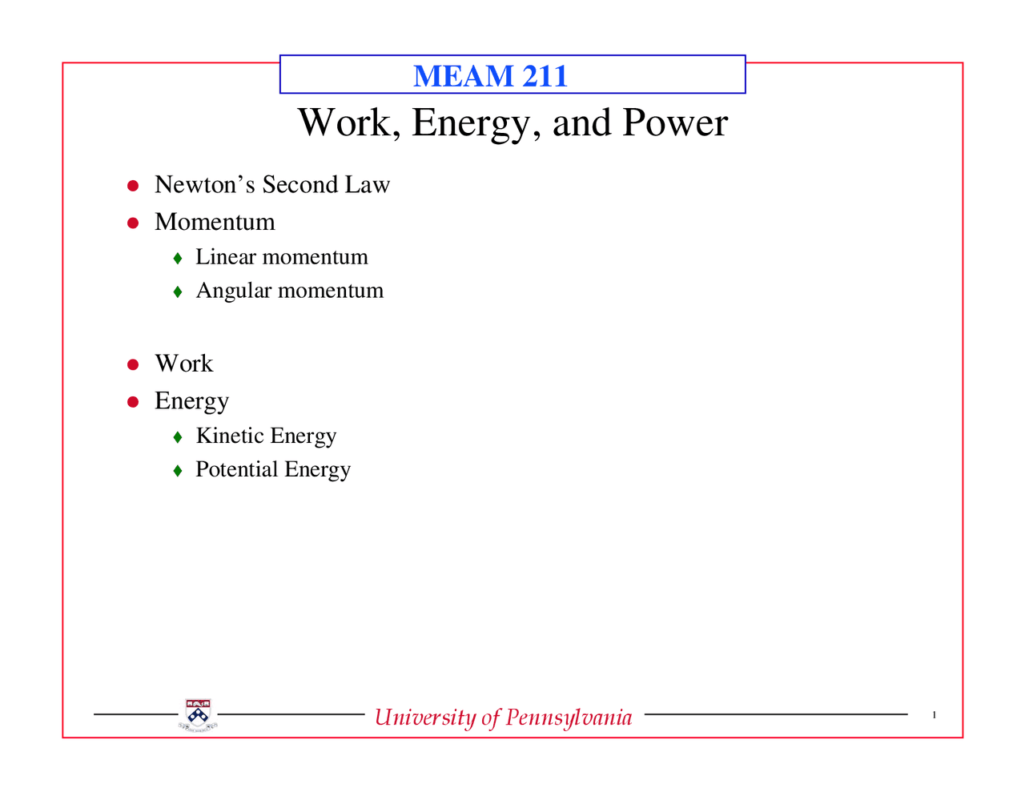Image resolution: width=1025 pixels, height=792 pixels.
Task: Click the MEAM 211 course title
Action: click(490, 76)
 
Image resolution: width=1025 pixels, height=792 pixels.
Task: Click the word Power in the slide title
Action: click(675, 123)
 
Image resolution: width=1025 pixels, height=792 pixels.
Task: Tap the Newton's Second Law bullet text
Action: click(271, 185)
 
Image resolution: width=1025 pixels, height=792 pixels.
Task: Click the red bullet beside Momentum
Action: click(134, 223)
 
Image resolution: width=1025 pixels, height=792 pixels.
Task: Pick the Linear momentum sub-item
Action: click(281, 257)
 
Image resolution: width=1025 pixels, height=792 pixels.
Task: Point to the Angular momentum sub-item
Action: click(289, 291)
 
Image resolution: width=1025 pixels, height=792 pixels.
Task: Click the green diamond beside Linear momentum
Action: click(178, 259)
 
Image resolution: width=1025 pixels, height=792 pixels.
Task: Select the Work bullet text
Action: click(183, 364)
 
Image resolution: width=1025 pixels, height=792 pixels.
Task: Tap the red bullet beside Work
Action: click(134, 364)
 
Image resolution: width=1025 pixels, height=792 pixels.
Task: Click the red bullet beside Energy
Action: click(134, 401)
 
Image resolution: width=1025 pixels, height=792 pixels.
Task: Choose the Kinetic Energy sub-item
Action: click(266, 436)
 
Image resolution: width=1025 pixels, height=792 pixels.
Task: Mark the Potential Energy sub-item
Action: click(273, 470)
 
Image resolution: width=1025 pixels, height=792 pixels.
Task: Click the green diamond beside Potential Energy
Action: click(178, 471)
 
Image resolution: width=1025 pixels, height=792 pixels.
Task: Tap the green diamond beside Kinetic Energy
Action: click(178, 437)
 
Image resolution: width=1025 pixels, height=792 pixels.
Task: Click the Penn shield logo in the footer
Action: click(197, 715)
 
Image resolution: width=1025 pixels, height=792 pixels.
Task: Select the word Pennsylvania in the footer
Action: click(569, 717)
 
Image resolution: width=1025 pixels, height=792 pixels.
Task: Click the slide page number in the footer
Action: click(934, 715)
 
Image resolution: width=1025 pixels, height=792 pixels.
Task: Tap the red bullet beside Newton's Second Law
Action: click(134, 186)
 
